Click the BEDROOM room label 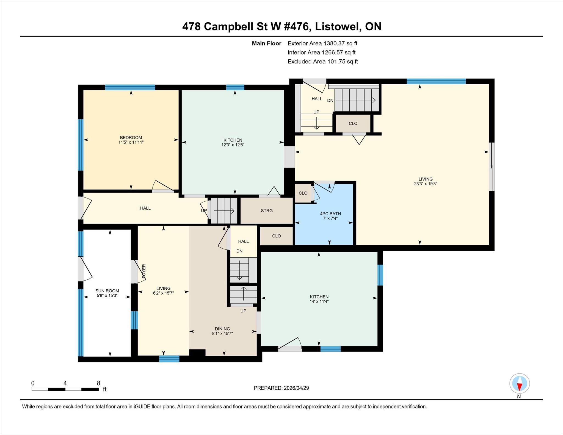131,138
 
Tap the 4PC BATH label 330,214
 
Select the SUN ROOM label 107,291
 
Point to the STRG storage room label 267,211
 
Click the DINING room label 222,329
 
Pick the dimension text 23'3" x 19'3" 426,184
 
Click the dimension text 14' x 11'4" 319,301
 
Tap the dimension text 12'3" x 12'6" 233,145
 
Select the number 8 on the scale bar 98,383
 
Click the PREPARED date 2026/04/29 296,388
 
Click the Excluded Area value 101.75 336,62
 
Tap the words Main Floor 267,43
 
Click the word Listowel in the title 338,27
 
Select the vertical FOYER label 144,271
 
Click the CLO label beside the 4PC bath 303,193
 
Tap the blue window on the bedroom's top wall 130,87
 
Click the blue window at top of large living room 436,81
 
